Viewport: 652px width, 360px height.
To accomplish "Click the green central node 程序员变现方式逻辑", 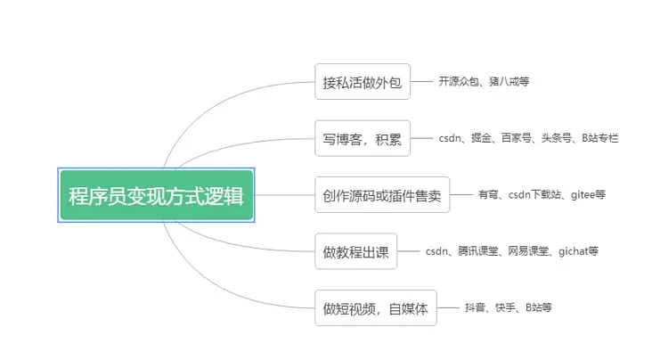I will (157, 195).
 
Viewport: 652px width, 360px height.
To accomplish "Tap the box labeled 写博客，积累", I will (363, 138).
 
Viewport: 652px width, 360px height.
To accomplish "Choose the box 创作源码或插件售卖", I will (382, 195).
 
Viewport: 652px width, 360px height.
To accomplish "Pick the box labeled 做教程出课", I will (356, 251).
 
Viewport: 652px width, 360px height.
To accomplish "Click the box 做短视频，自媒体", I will (375, 308).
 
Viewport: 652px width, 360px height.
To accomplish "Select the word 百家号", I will (516, 138).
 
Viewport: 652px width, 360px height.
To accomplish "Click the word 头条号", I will (557, 138).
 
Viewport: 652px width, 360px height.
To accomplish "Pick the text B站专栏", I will (600, 138).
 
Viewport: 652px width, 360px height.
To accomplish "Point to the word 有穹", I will (487, 195).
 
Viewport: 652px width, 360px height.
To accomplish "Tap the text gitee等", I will (587, 195).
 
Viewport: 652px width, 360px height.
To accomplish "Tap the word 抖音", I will (475, 308).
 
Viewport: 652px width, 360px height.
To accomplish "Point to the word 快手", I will (505, 308).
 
